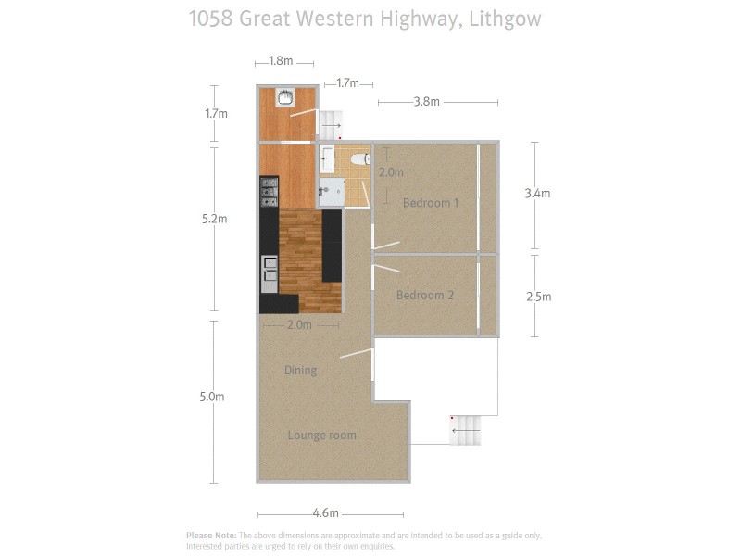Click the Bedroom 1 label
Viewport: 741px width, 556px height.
[431, 203]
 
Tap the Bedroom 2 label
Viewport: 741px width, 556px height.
[425, 296]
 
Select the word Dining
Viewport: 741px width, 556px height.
[300, 371]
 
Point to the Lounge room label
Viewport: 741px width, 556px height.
[321, 436]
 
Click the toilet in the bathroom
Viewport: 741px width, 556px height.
[360, 159]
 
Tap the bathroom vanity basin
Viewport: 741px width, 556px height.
[328, 158]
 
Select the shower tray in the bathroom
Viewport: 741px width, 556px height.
[331, 194]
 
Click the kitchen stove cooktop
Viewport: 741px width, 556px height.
[270, 193]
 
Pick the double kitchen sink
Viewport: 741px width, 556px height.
[270, 268]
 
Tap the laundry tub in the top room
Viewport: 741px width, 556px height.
[286, 97]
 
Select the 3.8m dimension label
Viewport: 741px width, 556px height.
[426, 102]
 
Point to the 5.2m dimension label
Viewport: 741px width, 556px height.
[215, 219]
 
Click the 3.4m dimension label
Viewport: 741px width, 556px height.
[537, 194]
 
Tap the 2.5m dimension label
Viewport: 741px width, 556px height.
[538, 297]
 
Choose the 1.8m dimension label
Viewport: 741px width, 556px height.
[281, 61]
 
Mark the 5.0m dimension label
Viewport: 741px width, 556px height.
[213, 397]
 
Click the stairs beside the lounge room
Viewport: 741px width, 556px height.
[466, 430]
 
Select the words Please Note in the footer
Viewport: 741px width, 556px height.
[211, 535]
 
